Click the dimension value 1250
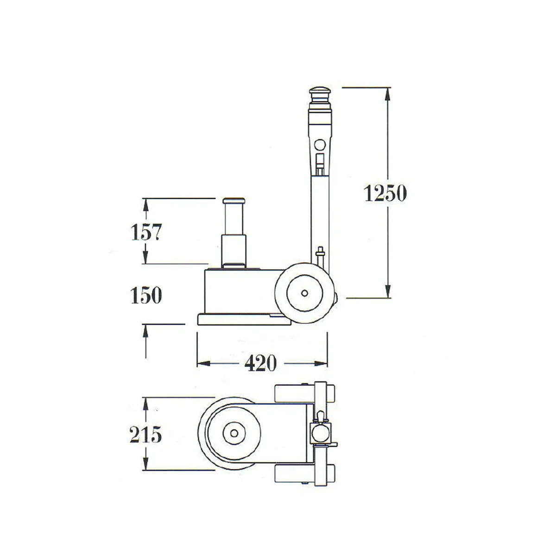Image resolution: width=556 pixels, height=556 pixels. tap(385, 193)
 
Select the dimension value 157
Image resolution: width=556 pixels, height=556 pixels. tap(145, 232)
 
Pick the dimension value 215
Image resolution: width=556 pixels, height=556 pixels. tap(145, 435)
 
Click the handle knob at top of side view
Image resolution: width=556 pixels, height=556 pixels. tap(321, 92)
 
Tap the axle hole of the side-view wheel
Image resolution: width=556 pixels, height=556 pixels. tap(304, 293)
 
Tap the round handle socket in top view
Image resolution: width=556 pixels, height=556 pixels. tap(319, 434)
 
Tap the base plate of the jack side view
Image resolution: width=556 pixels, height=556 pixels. tap(241, 320)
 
